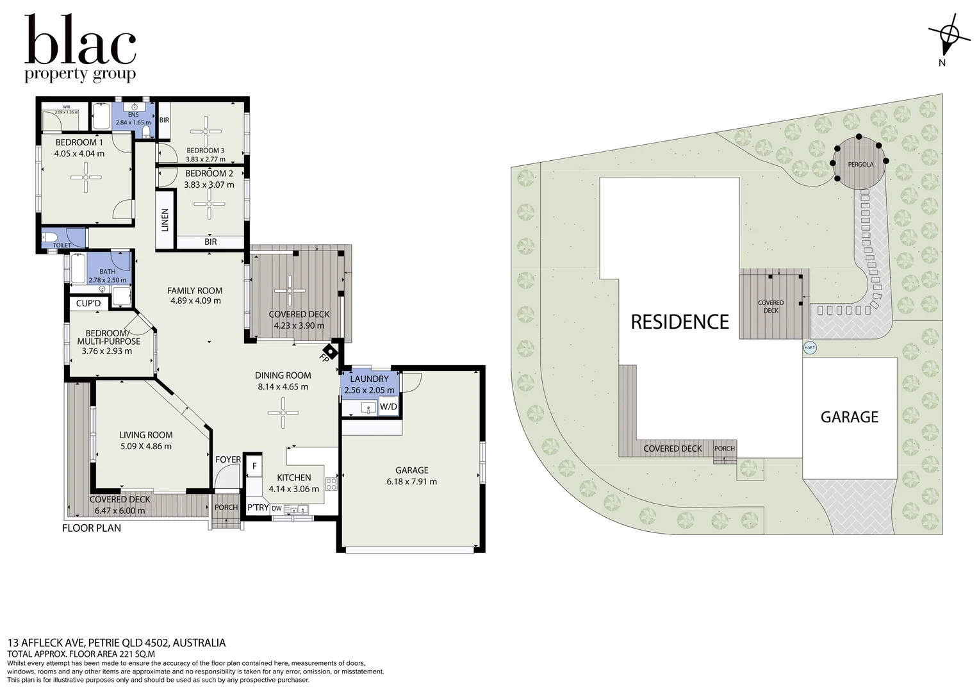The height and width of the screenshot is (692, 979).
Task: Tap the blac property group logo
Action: pos(80,48)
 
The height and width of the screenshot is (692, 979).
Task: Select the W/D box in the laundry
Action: pos(388,406)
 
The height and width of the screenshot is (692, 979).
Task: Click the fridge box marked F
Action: pos(254,466)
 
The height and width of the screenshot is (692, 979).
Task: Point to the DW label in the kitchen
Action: pos(277,508)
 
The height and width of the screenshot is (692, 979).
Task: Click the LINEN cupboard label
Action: pos(165,220)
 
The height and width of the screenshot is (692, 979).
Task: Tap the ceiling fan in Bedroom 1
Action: pos(86,177)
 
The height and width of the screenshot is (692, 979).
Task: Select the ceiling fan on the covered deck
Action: pos(290,291)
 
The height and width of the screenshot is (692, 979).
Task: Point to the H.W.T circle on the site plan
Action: pos(809,348)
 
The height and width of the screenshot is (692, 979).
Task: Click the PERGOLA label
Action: pos(860,165)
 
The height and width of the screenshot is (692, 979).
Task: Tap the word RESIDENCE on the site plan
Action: pos(680,322)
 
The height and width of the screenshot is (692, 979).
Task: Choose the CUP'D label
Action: pos(88,303)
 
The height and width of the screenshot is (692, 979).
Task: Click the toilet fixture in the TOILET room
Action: pos(49,237)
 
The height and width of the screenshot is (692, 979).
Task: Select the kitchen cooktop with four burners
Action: pos(331,484)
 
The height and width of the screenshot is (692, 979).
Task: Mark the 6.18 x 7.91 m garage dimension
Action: pos(412,481)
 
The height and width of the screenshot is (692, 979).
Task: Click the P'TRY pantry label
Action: pos(258,507)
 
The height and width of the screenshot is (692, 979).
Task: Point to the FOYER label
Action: pos(228,459)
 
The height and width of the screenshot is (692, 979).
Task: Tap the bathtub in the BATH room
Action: pos(79,268)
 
